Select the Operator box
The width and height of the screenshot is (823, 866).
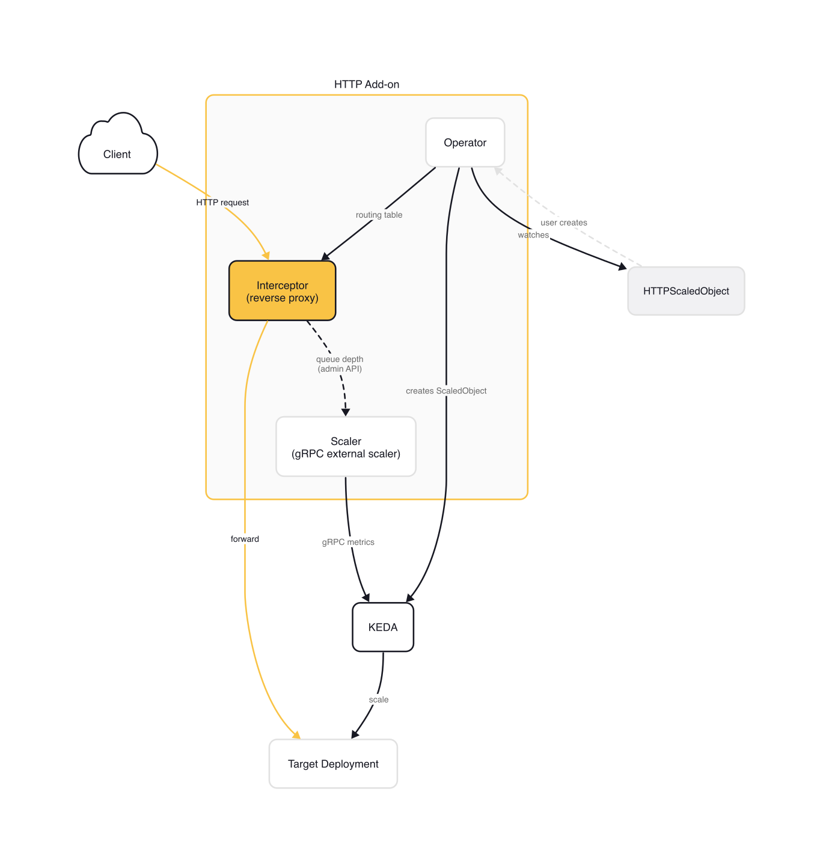[x=465, y=143]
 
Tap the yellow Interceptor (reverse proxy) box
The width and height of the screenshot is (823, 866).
[x=282, y=291]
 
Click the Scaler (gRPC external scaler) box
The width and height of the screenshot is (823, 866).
[x=346, y=447]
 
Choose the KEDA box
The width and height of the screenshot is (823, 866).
[x=382, y=627]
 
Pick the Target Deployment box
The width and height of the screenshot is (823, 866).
[x=333, y=764]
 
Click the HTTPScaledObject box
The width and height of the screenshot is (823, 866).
[x=685, y=291]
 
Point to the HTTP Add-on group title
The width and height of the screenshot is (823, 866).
[x=366, y=85]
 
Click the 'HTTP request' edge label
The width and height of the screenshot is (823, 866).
[x=222, y=203]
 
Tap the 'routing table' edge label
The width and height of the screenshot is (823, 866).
[x=379, y=215]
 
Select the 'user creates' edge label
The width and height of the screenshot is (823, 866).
[x=563, y=223]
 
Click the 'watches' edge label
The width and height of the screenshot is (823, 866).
[x=533, y=235]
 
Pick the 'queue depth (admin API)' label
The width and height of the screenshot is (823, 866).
[x=340, y=364]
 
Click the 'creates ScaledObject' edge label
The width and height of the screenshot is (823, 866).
[x=446, y=391]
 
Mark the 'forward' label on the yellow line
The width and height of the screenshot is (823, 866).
[x=245, y=539]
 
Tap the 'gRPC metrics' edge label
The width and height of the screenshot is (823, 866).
[x=348, y=542]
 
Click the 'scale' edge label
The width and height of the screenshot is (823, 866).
[x=379, y=700]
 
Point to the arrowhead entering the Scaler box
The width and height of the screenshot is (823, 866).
[x=346, y=413]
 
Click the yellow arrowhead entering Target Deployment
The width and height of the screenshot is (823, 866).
[x=296, y=735]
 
